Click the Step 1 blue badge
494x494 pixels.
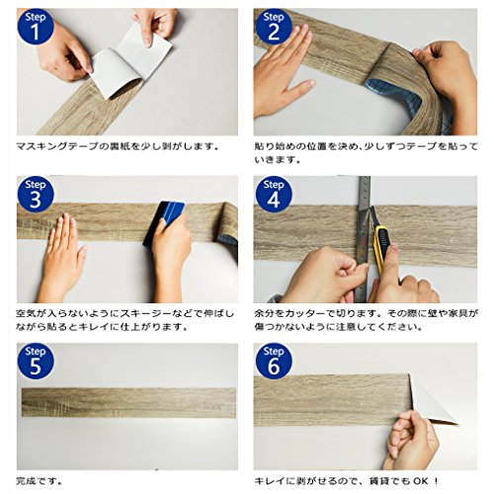point(36,27)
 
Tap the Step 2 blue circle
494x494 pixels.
point(274,27)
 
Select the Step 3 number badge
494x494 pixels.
point(36,195)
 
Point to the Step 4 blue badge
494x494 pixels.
point(274,195)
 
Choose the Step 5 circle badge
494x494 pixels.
point(36,362)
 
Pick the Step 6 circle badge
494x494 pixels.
point(274,362)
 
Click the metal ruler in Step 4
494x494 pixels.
point(364,239)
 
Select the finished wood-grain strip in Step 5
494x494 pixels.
point(129,403)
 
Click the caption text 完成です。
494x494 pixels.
point(40,481)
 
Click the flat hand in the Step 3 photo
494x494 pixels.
point(62,254)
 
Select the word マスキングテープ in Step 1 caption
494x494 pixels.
point(57,146)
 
